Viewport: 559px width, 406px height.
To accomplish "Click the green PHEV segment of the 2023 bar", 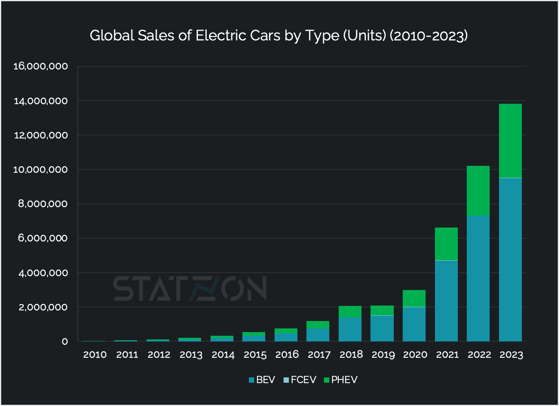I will (x=510, y=141).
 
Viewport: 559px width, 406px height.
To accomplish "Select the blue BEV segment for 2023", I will (x=510, y=259).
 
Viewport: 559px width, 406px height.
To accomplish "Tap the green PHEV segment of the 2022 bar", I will (x=478, y=190).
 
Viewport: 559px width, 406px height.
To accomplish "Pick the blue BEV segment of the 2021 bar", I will (x=446, y=301).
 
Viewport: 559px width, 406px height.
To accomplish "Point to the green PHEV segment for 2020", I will (x=414, y=298).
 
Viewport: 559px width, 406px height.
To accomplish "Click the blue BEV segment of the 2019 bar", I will (x=382, y=328).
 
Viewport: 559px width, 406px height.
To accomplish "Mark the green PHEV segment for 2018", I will (x=350, y=312).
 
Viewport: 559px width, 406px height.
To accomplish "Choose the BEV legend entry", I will (x=262, y=380).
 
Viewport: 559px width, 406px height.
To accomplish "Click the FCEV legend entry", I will (x=300, y=380).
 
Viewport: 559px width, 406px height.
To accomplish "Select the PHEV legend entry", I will (x=340, y=380).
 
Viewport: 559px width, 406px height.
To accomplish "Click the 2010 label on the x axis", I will (x=95, y=355).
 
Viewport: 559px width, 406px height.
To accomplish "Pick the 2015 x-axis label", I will (x=255, y=355).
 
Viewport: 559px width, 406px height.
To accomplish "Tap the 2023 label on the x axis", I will (x=511, y=355).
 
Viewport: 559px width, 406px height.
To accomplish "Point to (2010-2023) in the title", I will (x=428, y=36).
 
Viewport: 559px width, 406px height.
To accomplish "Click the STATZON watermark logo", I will (x=190, y=288).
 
